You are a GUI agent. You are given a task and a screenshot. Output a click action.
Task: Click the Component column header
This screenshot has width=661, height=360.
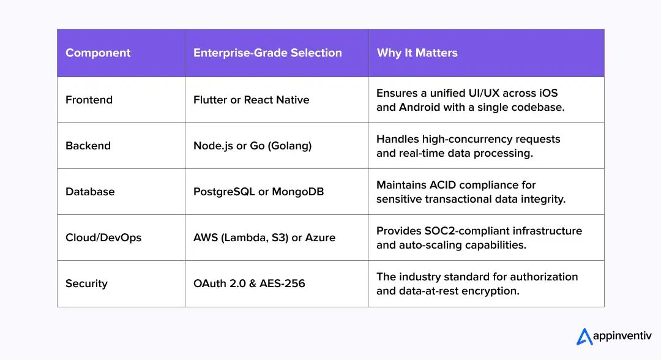(98, 53)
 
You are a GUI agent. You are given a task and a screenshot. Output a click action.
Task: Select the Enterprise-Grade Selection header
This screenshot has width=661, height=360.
(267, 53)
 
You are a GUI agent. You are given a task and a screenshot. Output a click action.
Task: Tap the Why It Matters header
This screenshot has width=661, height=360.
(417, 53)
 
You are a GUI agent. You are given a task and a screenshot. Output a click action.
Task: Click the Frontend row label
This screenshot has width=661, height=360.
(89, 99)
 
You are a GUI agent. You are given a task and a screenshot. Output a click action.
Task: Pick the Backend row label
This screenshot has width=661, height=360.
(88, 146)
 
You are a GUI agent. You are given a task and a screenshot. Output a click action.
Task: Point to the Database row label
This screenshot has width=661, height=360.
(90, 192)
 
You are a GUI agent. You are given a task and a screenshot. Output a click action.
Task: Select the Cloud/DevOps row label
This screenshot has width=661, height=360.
(103, 238)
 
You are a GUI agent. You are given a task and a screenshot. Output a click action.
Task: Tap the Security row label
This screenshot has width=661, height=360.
(86, 283)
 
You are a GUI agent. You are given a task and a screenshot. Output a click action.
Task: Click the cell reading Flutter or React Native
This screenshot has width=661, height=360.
(252, 99)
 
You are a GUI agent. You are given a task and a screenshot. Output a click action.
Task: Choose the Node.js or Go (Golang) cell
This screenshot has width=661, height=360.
(253, 146)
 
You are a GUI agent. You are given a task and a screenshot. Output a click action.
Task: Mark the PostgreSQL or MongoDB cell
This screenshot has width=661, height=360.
(258, 192)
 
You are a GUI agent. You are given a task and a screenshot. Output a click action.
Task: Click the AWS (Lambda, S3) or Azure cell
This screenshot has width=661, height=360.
(264, 238)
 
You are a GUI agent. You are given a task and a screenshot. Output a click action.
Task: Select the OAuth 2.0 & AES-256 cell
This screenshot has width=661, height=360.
(249, 283)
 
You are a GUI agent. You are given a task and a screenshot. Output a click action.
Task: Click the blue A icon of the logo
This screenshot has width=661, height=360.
(584, 337)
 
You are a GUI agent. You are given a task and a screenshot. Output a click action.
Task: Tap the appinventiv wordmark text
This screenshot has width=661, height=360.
(622, 336)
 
